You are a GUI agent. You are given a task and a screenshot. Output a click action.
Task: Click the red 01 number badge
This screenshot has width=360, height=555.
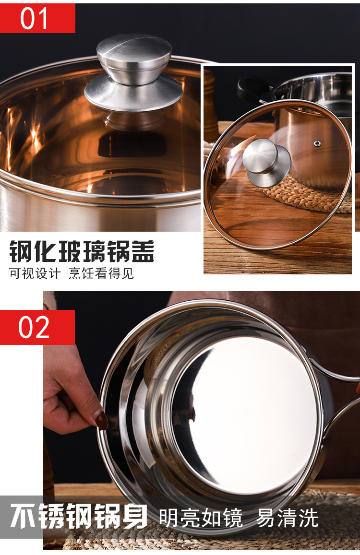point(37,18)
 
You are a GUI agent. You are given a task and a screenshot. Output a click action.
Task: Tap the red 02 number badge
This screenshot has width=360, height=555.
point(37,327)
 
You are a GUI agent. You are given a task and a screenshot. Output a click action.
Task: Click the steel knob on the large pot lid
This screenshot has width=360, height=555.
point(133,73)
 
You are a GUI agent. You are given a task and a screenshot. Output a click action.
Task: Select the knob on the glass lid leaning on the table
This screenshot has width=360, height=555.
point(266,162)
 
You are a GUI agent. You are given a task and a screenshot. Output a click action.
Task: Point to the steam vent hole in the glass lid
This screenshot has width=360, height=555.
point(317,143)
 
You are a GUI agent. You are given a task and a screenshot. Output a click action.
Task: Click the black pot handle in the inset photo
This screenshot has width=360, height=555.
point(252,88)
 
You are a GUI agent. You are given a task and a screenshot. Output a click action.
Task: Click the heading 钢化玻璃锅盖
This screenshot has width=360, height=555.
point(82,251)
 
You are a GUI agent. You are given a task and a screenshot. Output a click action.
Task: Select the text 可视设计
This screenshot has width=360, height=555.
point(35,273)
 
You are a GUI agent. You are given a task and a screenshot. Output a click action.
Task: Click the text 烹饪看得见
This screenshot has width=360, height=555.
point(101,273)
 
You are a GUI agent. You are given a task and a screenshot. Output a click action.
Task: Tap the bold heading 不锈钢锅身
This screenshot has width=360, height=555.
point(79,516)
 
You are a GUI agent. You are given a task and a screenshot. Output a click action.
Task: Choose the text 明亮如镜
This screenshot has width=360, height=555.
point(201,518)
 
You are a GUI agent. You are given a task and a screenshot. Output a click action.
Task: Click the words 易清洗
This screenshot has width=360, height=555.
point(288,518)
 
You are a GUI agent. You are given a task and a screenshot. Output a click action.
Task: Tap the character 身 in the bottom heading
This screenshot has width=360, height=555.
point(135,516)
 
